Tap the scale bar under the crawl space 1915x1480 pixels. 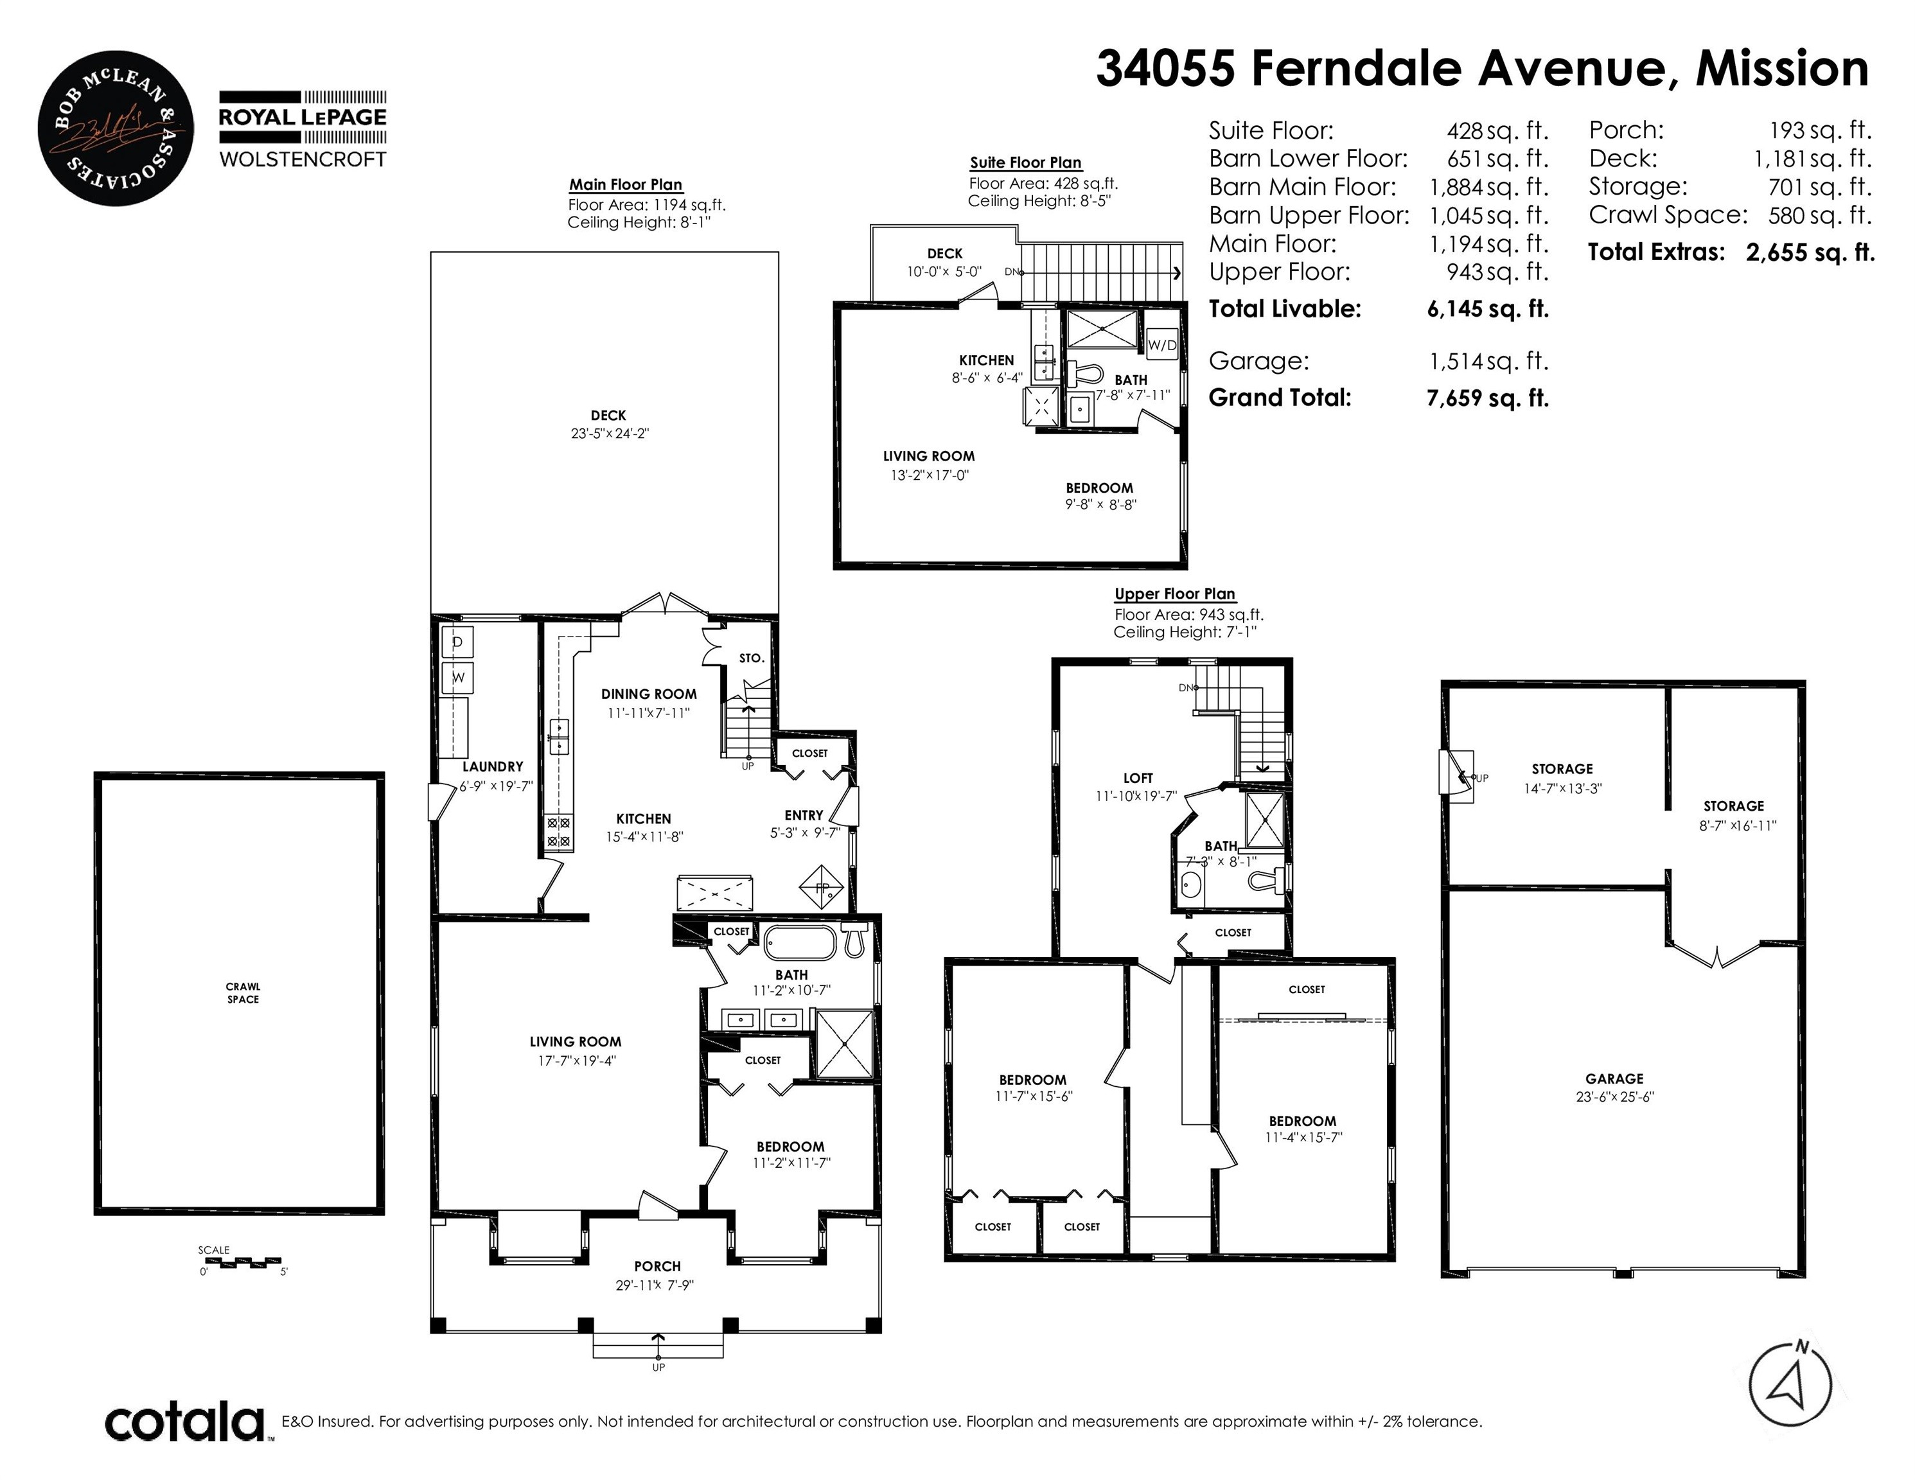click(242, 1264)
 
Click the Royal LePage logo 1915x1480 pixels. click(302, 129)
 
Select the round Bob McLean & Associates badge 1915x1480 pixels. click(115, 128)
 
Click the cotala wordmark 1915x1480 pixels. click(185, 1422)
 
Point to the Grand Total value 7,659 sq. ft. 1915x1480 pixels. click(1487, 398)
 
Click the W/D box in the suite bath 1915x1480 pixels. click(1162, 346)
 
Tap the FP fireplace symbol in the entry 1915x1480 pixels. click(822, 888)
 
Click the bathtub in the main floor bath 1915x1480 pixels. click(802, 944)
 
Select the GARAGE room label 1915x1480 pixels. click(1613, 1079)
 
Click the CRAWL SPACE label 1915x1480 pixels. click(243, 992)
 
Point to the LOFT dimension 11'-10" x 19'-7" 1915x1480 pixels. click(1136, 796)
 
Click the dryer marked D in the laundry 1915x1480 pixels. click(457, 642)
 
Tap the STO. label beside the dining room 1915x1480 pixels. click(752, 658)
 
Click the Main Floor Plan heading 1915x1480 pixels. click(625, 185)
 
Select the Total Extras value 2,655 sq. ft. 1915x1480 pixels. click(1809, 252)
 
